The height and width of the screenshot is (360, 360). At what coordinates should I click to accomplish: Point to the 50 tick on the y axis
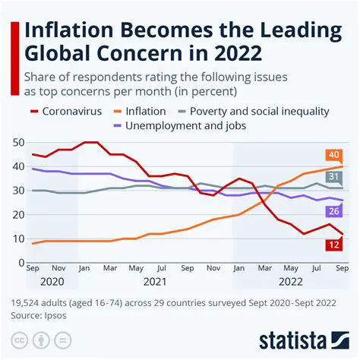[x=17, y=142]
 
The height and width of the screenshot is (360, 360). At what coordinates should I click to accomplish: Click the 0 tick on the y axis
[x=21, y=263]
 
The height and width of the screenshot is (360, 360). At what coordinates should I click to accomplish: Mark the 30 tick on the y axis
[x=17, y=190]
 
